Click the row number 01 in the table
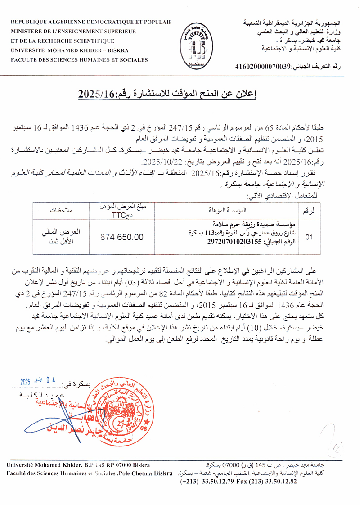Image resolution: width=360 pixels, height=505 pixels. click(309, 237)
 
